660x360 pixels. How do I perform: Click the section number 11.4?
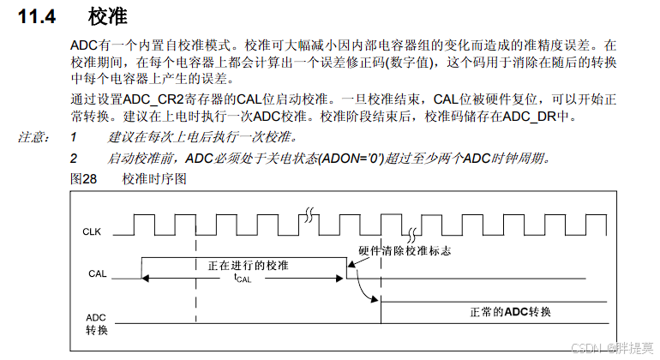point(38,16)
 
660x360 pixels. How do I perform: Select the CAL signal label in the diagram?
point(97,274)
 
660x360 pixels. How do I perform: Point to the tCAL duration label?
point(243,278)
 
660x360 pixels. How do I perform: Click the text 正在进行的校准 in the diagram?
point(248,265)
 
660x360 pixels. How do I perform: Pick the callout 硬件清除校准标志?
point(404,252)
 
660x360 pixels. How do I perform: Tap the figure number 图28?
point(82,178)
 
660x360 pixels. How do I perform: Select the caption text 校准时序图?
point(154,178)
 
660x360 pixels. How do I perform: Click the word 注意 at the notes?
point(33,137)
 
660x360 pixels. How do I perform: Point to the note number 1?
point(74,137)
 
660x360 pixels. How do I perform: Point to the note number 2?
point(74,158)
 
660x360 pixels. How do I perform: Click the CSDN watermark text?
point(614,347)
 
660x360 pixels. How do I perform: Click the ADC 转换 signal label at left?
point(97,323)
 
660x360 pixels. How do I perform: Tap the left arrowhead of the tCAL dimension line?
point(147,278)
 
